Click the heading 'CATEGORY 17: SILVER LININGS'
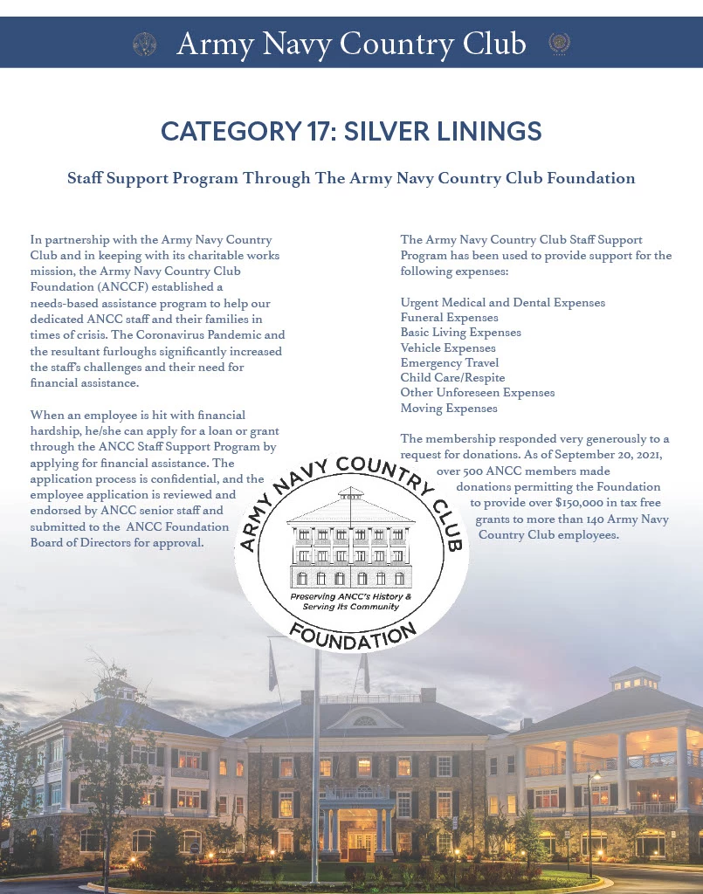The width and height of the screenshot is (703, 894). point(351,132)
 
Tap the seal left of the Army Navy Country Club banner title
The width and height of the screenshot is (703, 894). point(144,44)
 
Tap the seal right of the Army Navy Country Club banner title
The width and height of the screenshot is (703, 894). point(559,43)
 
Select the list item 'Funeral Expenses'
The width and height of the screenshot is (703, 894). point(449,318)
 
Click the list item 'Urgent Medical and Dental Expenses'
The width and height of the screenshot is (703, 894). point(502,302)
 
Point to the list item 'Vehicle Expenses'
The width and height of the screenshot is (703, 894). point(447,347)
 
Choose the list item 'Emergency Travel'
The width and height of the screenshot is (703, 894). point(449,363)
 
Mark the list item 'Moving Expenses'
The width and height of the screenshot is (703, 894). point(448,408)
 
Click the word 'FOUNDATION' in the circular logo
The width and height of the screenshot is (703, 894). point(352,636)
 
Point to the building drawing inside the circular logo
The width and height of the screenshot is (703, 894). point(350,540)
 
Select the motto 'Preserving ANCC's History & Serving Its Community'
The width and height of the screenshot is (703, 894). point(350,601)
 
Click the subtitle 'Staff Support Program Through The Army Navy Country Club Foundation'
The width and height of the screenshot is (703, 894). point(351,178)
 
